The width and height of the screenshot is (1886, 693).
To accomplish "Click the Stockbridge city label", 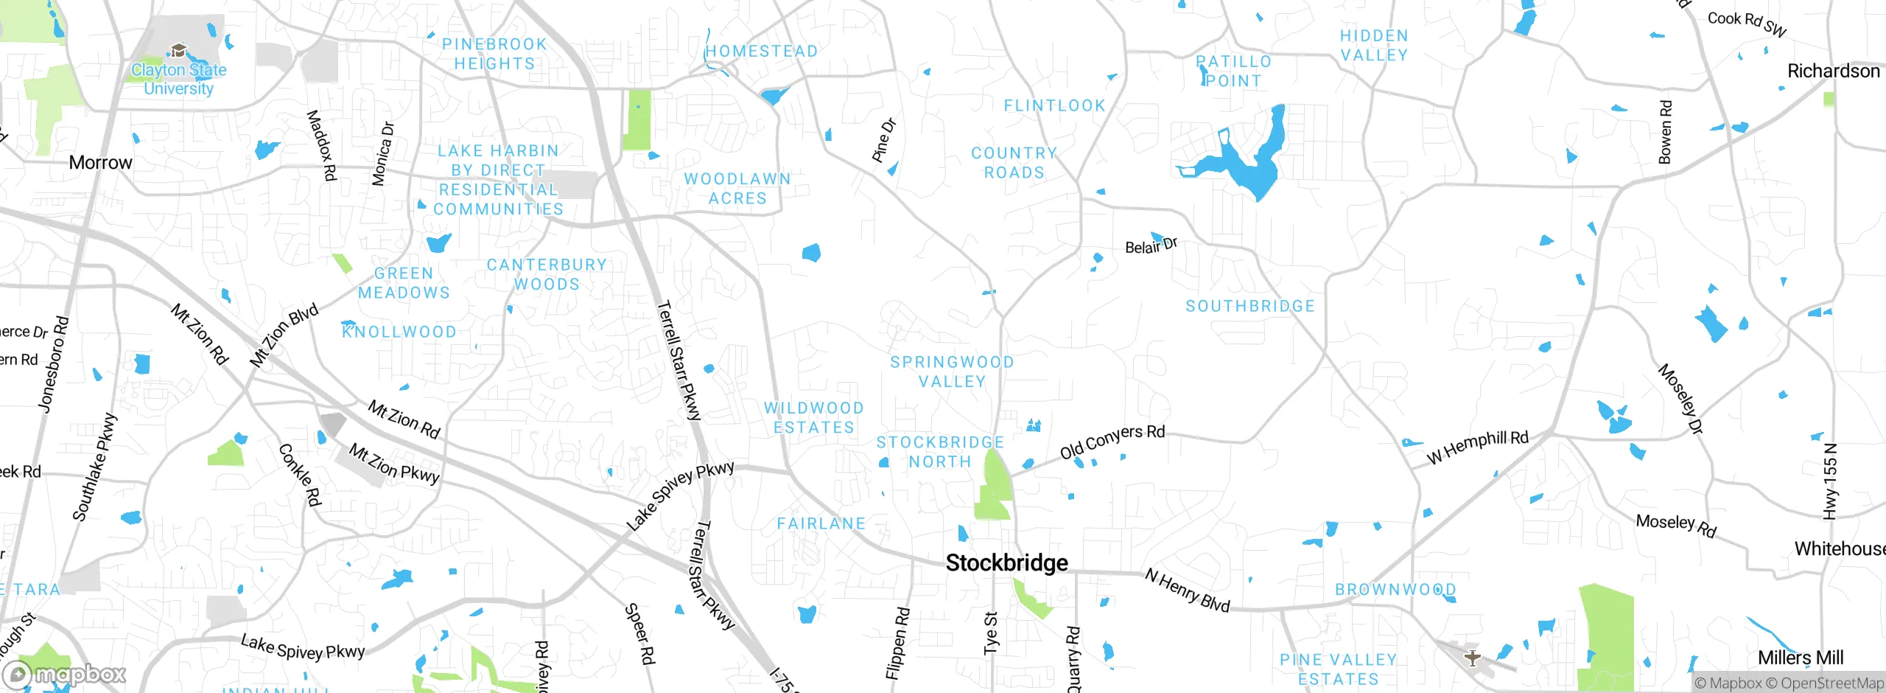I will coord(1006,563).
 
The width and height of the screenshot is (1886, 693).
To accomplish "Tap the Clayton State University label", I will coord(178,79).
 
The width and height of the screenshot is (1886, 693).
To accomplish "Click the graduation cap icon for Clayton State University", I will coord(178,51).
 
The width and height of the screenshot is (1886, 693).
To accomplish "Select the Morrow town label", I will coord(100,162).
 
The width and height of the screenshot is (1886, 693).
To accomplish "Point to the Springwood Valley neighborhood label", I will coord(952,372).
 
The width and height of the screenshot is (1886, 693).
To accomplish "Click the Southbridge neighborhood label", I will coord(1249,306).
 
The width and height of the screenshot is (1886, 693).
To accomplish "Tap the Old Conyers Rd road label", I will coord(1112,440).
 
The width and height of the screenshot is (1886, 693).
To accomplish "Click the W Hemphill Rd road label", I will coord(1477,447).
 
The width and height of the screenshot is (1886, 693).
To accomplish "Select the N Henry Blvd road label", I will coord(1187,591).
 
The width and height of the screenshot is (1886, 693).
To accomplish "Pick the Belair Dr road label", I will coord(1151,245).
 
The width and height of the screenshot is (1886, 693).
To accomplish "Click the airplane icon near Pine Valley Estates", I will coord(1472,658).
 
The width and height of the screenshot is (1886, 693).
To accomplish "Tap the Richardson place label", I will coord(1833,71).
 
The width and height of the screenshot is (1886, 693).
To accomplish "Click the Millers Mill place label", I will coord(1800,658).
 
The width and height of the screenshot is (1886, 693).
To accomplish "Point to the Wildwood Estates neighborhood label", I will coord(813,417).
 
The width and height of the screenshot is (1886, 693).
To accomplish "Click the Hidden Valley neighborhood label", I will coord(1373,45).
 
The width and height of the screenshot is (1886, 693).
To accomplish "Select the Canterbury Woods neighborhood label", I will coord(547,274).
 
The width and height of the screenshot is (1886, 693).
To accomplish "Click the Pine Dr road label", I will coord(883,139).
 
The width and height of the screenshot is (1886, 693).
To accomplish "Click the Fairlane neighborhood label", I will coord(821,523).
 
